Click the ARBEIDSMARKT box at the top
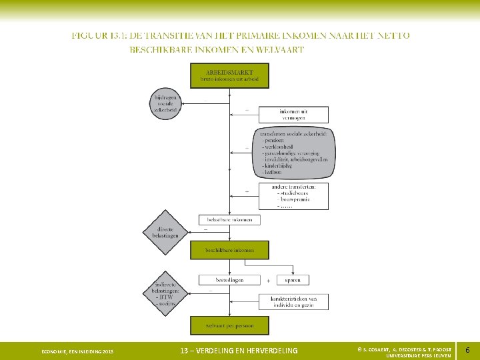pyautogui.click(x=230, y=75)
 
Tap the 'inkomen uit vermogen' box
pyautogui.click(x=293, y=115)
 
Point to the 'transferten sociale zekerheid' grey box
pyautogui.click(x=293, y=153)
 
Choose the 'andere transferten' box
pyautogui.click(x=293, y=196)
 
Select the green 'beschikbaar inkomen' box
pyautogui.click(x=230, y=250)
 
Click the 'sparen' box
pyautogui.click(x=293, y=280)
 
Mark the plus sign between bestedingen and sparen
pyautogui.click(x=269, y=281)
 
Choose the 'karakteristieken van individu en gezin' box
pyautogui.click(x=293, y=301)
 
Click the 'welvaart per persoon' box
pyautogui.click(x=230, y=325)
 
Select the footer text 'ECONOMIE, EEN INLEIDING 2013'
pyautogui.click(x=77, y=351)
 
